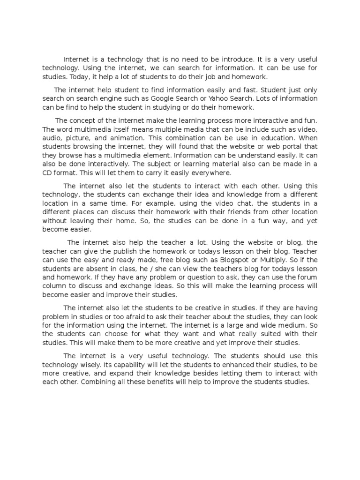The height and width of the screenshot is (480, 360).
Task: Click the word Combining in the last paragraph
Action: pyautogui.click(x=99, y=382)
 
